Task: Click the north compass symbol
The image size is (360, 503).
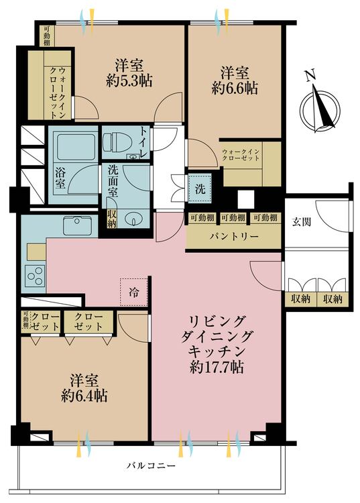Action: [319, 104]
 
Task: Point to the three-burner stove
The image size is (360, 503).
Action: [35, 276]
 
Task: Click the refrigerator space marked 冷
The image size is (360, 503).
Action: [134, 292]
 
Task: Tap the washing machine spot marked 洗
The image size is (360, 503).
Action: [200, 188]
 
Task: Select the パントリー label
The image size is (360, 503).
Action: [234, 237]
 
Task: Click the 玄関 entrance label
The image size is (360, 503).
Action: [301, 222]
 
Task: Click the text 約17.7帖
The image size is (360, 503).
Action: [217, 368]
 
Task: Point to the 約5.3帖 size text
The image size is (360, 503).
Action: [129, 81]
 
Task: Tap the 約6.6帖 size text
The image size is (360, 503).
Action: [235, 89]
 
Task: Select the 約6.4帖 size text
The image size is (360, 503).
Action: [84, 396]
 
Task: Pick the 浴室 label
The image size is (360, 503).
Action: [60, 178]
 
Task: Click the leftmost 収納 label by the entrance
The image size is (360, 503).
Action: [301, 299]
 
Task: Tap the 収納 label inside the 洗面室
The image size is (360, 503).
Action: [111, 219]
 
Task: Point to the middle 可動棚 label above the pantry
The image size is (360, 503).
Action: [233, 218]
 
